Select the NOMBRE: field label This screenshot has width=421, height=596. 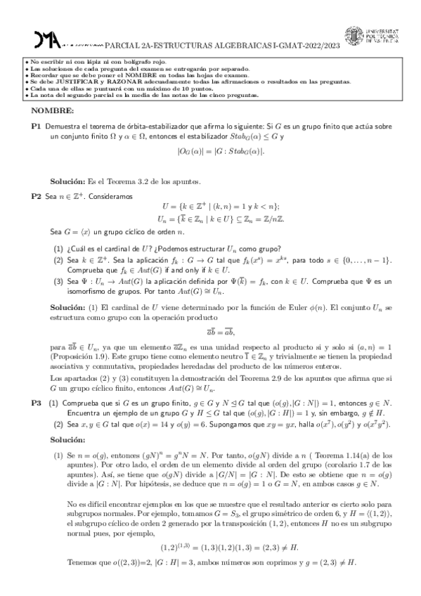[x=53, y=112]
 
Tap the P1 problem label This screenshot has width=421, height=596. [x=36, y=125]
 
